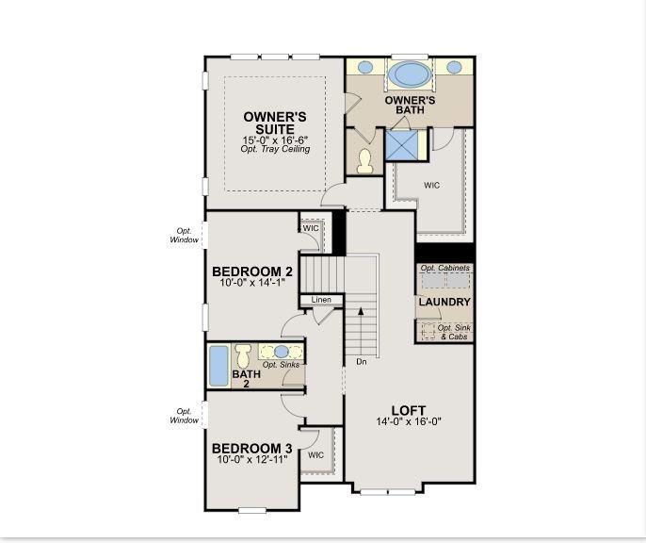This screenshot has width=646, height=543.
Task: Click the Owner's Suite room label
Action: click(x=275, y=123)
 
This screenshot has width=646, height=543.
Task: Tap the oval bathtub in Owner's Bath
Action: click(x=410, y=74)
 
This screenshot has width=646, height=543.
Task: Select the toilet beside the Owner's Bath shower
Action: click(x=365, y=161)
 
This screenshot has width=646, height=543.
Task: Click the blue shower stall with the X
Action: click(x=401, y=145)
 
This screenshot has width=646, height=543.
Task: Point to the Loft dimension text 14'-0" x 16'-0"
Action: click(x=409, y=421)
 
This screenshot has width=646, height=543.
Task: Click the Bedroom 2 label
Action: click(x=252, y=271)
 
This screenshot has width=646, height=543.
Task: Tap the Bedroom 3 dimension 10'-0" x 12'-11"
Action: click(x=252, y=459)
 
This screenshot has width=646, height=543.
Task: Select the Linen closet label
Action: click(x=321, y=300)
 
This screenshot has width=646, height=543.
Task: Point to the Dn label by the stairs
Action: click(x=362, y=362)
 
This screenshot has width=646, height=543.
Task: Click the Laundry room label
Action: click(x=444, y=302)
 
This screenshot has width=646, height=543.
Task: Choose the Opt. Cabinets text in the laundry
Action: click(x=444, y=268)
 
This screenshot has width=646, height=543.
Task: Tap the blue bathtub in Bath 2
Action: click(x=218, y=366)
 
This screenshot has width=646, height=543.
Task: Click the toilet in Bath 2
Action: click(x=243, y=355)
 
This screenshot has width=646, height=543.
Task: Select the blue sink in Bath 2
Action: click(x=282, y=352)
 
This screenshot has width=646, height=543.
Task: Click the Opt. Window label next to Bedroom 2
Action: click(x=185, y=236)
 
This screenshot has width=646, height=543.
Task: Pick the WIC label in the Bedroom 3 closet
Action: click(x=316, y=455)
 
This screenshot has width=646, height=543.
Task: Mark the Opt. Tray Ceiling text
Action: click(x=275, y=149)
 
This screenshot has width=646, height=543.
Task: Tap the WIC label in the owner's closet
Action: click(x=431, y=185)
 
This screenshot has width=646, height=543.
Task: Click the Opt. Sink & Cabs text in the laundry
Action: click(x=454, y=333)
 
